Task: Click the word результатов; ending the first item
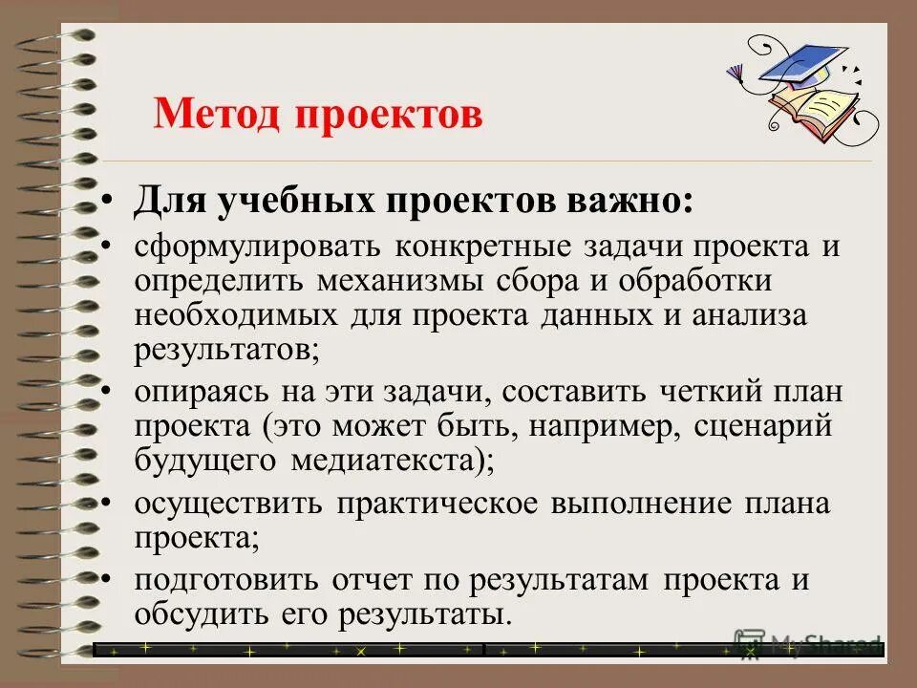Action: (226, 349)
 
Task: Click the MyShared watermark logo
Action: (807, 644)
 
